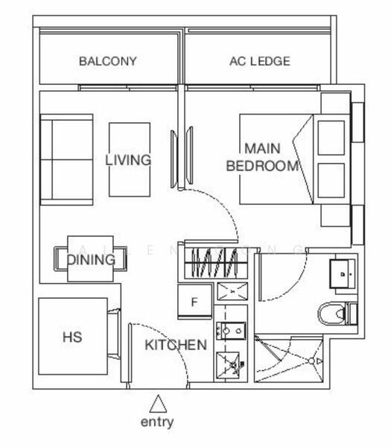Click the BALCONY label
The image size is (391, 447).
[x=108, y=62]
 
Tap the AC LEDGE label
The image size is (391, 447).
[x=259, y=62]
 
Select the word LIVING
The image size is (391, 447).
[x=128, y=160]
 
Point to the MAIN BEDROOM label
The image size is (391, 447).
[x=262, y=157]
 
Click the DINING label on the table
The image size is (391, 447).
[x=92, y=260]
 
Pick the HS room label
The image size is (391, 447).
[x=72, y=337]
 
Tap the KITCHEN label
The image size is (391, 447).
[x=175, y=345]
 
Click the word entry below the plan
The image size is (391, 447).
[x=157, y=422]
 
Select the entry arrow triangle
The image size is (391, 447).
[x=157, y=405]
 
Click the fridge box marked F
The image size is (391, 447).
[x=194, y=302]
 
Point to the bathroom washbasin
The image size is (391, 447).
[x=343, y=274]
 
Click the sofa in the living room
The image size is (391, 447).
[x=66, y=159]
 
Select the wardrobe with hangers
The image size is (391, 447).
[x=218, y=261]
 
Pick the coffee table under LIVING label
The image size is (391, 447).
[x=130, y=159]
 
